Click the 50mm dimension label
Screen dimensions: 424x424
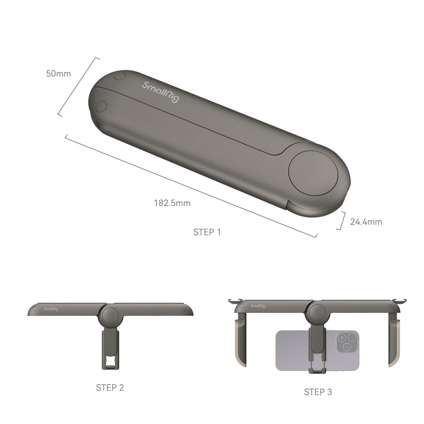click(59, 73)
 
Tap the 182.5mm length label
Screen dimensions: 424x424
click(172, 203)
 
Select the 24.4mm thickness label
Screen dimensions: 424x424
click(366, 222)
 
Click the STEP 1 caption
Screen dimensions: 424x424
click(207, 232)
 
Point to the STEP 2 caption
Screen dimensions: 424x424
click(110, 387)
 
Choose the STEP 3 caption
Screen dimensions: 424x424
click(318, 392)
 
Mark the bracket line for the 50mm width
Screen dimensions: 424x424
click(78, 87)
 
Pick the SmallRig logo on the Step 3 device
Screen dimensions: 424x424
click(257, 306)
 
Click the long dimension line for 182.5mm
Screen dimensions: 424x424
click(191, 187)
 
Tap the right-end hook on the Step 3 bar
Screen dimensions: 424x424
click(402, 301)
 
